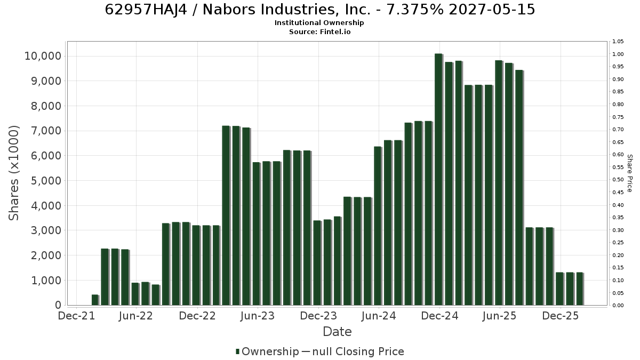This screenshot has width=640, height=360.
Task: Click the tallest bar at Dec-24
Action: (x=438, y=179)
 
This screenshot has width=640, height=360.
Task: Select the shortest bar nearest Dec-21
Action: (x=95, y=300)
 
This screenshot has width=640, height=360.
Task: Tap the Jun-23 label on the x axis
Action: (x=258, y=316)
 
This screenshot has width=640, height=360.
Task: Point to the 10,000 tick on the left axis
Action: (x=43, y=56)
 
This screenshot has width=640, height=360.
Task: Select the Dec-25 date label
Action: (x=561, y=316)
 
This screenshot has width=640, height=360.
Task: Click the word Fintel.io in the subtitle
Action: (x=335, y=31)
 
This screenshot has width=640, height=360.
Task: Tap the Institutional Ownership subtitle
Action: (x=319, y=23)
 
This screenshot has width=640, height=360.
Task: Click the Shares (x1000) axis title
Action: (x=13, y=173)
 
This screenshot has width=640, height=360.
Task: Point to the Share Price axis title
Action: (x=629, y=173)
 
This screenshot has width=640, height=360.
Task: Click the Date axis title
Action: (x=337, y=332)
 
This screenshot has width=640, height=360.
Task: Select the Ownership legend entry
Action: (x=267, y=351)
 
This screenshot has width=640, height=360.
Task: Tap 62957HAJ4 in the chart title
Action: (x=146, y=10)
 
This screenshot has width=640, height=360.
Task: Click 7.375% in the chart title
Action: (x=415, y=10)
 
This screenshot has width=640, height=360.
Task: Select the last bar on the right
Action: (x=580, y=289)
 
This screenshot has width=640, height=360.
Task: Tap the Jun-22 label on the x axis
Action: (x=136, y=316)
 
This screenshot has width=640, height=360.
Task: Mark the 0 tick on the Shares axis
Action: (x=58, y=305)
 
